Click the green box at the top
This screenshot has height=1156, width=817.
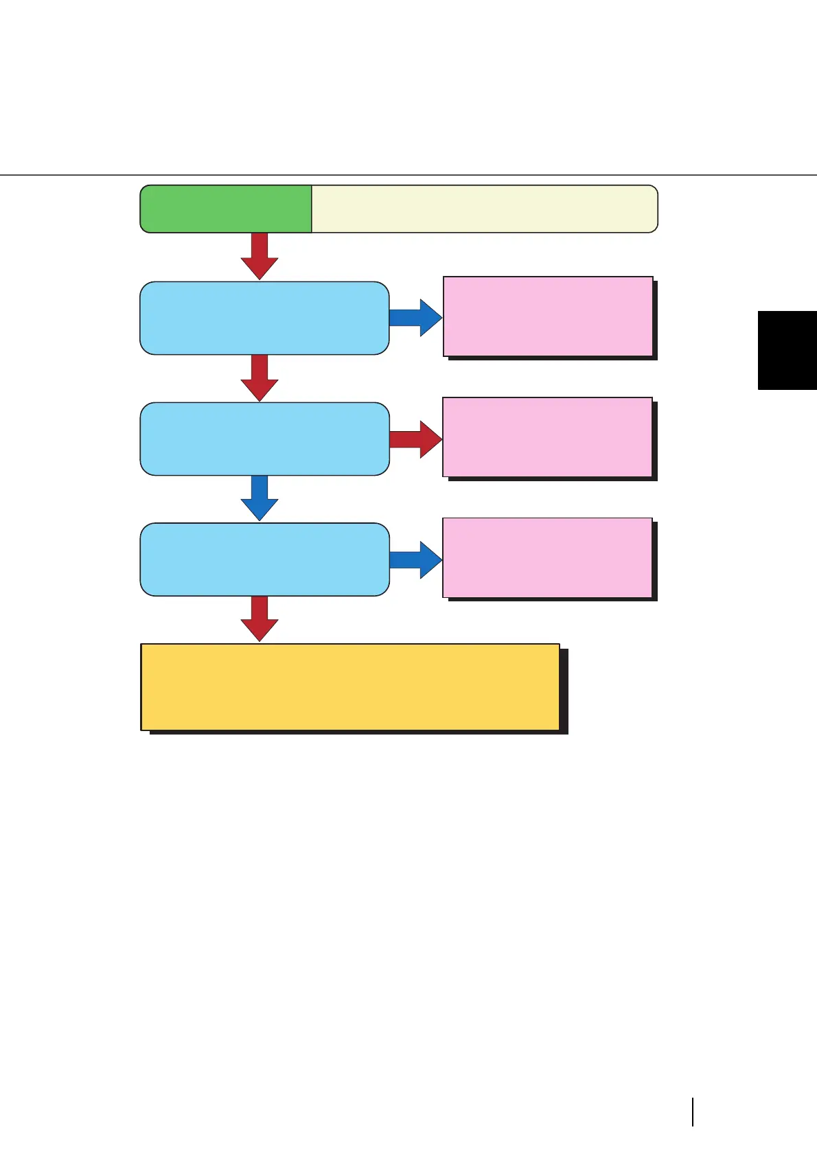click(x=225, y=209)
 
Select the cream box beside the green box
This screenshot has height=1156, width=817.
click(x=484, y=209)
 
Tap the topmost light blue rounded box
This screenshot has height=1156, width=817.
click(x=264, y=318)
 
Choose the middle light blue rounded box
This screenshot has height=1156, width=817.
click(x=264, y=439)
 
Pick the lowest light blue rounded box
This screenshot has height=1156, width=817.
click(x=264, y=559)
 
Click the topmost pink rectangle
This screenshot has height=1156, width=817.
click(x=548, y=316)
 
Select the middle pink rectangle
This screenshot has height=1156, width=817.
click(x=547, y=437)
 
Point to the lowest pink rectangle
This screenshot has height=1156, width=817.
click(x=547, y=558)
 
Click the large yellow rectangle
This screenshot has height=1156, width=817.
click(x=350, y=686)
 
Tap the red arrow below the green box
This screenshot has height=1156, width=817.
click(x=260, y=255)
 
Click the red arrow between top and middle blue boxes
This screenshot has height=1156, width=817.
click(x=260, y=378)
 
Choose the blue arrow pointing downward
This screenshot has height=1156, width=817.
click(x=260, y=498)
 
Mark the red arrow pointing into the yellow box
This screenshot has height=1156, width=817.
click(x=260, y=619)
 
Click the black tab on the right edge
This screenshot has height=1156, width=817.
click(x=787, y=350)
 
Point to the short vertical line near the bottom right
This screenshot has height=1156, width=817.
click(x=693, y=1112)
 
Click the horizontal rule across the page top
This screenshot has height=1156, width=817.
click(x=408, y=175)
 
